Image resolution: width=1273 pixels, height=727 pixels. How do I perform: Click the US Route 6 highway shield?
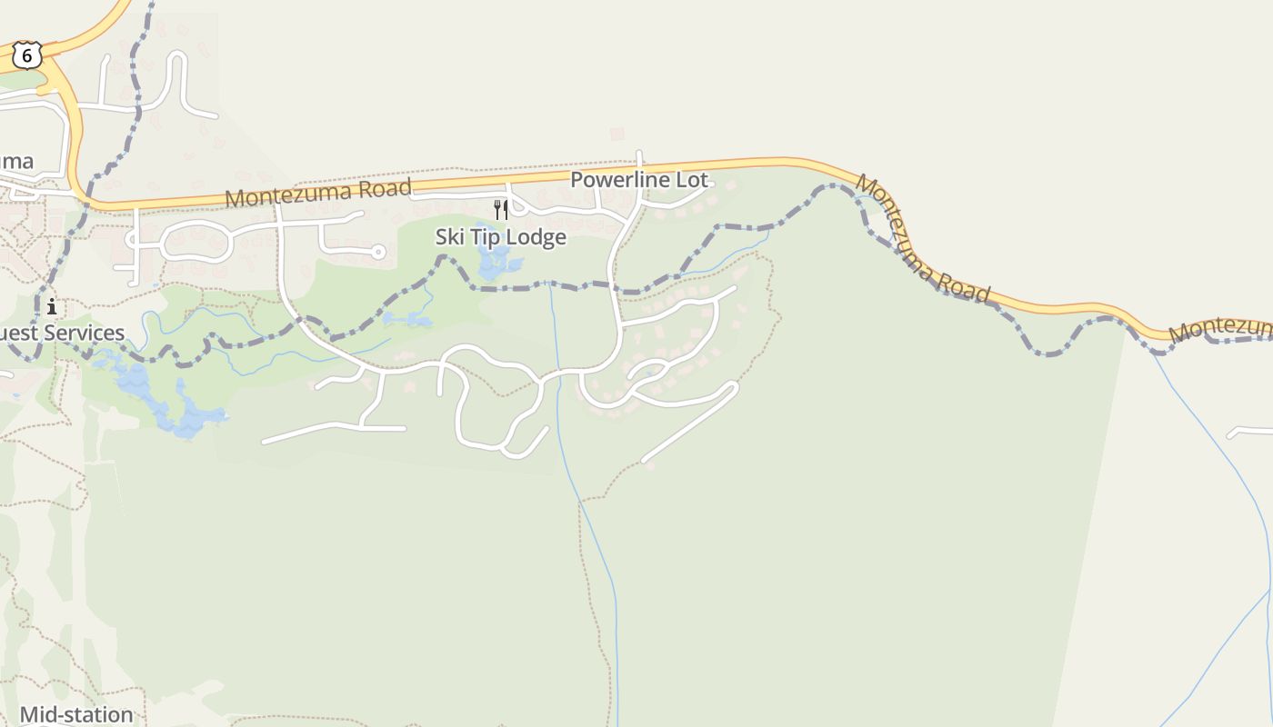pos(27,56)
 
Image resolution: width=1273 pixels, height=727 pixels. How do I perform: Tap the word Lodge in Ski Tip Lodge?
pos(536,237)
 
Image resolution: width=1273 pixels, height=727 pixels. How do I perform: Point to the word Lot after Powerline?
pos(691,180)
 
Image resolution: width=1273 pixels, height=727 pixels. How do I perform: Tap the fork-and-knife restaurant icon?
pos(501,210)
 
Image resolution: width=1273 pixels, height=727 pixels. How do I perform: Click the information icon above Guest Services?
pos(52,305)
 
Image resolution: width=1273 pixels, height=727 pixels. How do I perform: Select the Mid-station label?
pos(76,714)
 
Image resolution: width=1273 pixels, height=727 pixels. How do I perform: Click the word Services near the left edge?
pos(82,333)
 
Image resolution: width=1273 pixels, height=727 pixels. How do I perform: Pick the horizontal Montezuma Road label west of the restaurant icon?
pos(318,193)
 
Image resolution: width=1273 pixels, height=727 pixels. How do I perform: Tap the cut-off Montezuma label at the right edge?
pos(1220,329)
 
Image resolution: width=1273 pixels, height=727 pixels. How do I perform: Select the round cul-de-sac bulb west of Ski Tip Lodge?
pos(378,252)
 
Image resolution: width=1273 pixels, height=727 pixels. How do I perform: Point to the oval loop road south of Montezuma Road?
pos(195,241)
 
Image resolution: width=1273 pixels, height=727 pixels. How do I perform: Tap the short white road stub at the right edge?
pos(1250,431)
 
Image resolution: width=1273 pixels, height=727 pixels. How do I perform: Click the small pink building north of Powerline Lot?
pos(617,134)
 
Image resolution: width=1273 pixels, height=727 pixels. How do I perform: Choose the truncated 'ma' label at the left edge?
pos(16,162)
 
